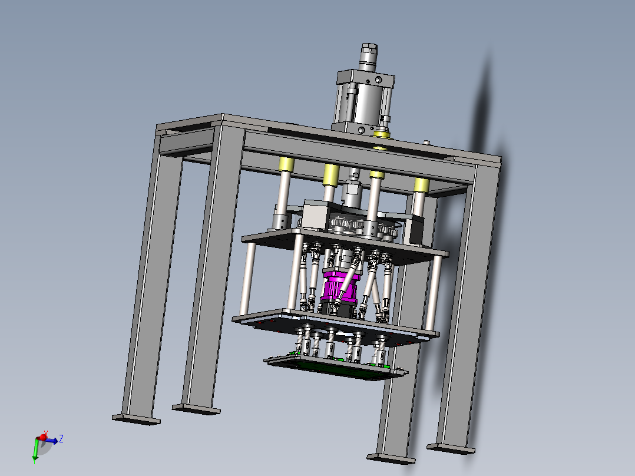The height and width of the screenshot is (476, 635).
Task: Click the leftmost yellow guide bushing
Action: coord(286,164)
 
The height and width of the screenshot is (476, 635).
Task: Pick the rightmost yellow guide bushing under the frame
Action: coord(421,185)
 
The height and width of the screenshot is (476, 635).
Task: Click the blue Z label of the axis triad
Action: coord(61,438)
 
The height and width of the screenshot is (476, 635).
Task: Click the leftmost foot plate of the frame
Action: coord(136,419)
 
